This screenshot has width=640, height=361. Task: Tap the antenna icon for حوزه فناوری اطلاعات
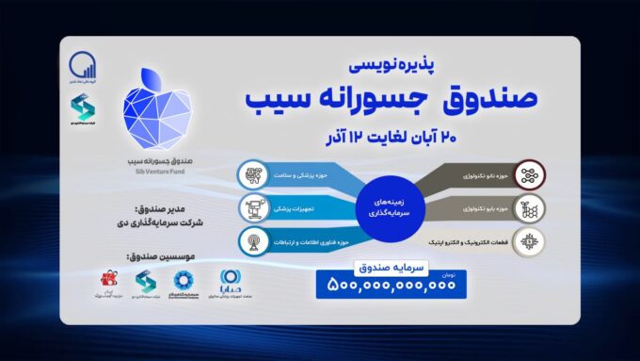click(x=253, y=238)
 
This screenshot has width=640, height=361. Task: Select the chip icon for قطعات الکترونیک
click(x=533, y=238)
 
